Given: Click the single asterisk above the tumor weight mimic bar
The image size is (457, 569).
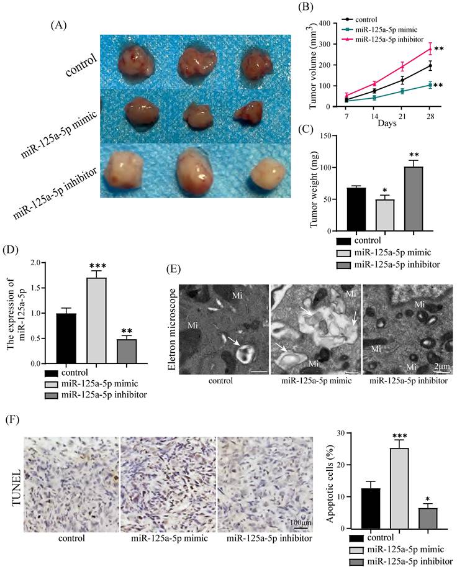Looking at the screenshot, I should pos(385,189).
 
